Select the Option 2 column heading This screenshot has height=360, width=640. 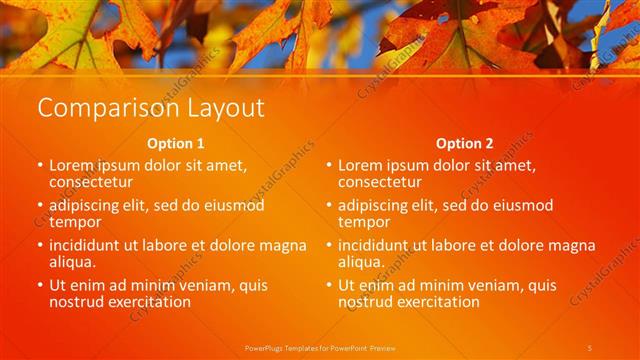[464, 143]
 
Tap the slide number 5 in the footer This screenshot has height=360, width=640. [590, 347]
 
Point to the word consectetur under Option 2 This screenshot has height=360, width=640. [380, 182]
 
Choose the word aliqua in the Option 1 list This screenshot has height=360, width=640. [73, 262]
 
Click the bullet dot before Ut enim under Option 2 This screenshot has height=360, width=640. [328, 285]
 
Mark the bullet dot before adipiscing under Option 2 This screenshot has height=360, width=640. [328, 205]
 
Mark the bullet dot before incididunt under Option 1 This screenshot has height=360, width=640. [39, 245]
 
